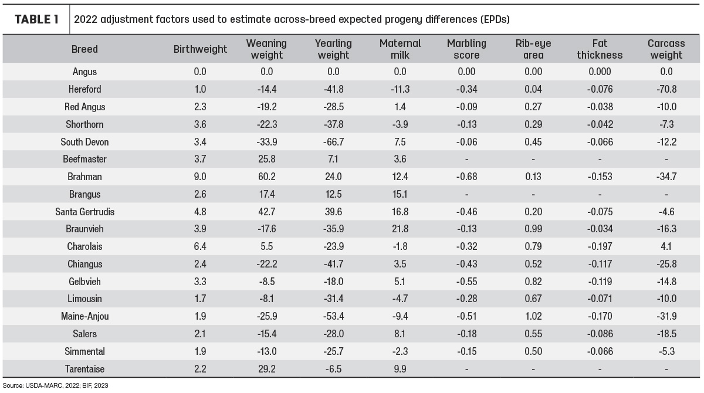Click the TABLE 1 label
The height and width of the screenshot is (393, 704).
point(36,19)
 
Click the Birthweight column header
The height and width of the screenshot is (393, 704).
point(200,49)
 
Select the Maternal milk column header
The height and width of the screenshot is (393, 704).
point(400,49)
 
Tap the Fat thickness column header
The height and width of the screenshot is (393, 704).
point(600,49)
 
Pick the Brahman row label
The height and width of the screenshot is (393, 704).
point(84,177)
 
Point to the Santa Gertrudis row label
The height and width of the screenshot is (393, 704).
point(85,212)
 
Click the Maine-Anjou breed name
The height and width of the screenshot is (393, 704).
point(85,316)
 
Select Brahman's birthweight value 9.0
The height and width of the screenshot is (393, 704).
point(200,177)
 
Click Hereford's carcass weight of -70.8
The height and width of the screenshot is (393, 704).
point(666,89)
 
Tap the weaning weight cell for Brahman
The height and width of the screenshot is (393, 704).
point(266,177)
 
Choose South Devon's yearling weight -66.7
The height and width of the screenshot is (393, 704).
point(333,142)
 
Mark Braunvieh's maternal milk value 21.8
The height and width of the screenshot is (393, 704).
point(400,229)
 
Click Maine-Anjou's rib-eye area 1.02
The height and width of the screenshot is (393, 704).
point(533,316)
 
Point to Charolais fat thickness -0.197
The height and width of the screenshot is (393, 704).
point(600,246)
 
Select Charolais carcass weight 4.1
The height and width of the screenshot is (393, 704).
point(666,246)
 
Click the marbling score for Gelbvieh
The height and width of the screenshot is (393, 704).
point(466,282)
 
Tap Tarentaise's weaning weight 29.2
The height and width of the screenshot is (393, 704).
point(266,369)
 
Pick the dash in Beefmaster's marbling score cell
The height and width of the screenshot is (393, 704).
point(467,160)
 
